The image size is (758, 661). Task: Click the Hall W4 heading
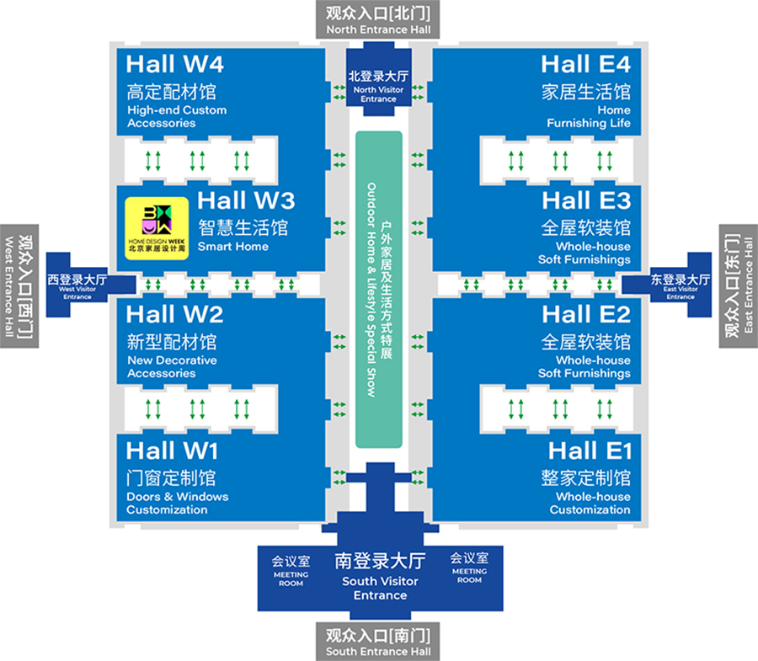[x=175, y=64]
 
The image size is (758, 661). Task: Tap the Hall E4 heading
[x=585, y=64]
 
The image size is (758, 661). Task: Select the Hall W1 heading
[x=173, y=450]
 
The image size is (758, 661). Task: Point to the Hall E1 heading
[x=589, y=450]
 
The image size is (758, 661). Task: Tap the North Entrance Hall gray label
[x=378, y=20]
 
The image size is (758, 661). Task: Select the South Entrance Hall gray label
[x=378, y=642]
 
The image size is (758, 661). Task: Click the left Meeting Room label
[x=291, y=568]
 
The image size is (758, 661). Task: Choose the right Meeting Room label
[x=469, y=567]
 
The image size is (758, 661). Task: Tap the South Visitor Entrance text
[x=380, y=588]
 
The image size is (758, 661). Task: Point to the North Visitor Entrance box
[x=378, y=86]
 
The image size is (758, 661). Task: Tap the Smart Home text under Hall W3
[x=233, y=247]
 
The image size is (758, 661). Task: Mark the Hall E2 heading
[x=586, y=315]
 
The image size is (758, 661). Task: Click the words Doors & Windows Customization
[x=178, y=503]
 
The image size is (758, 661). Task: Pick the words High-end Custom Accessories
[x=177, y=116]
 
